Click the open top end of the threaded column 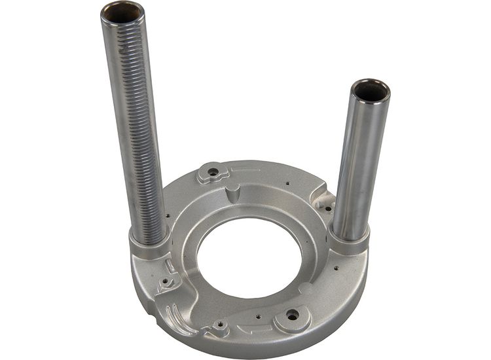pyautogui.click(x=122, y=11)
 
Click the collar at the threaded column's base pyautogui.click(x=151, y=243)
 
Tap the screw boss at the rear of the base pyautogui.click(x=213, y=173)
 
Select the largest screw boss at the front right pyautogui.click(x=292, y=316)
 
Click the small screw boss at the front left pyautogui.click(x=221, y=325)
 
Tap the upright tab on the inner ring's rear pyautogui.click(x=234, y=194)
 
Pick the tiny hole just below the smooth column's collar pyautogui.click(x=336, y=267)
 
